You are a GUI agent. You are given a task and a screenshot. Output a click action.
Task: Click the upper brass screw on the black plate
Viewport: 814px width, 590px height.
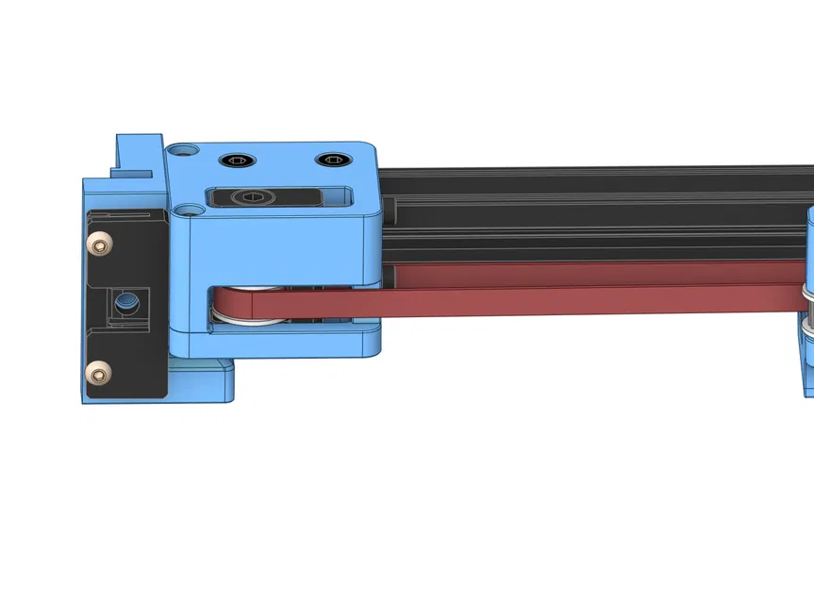click(96, 244)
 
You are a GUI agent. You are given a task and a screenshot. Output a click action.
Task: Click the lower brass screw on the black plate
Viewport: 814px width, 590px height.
click(96, 374)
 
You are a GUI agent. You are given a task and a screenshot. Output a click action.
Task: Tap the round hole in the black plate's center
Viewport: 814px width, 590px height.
click(125, 303)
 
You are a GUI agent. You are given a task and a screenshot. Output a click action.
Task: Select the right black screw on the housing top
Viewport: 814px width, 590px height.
click(330, 160)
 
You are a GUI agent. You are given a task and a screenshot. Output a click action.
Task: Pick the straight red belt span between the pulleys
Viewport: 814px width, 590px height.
click(566, 293)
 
